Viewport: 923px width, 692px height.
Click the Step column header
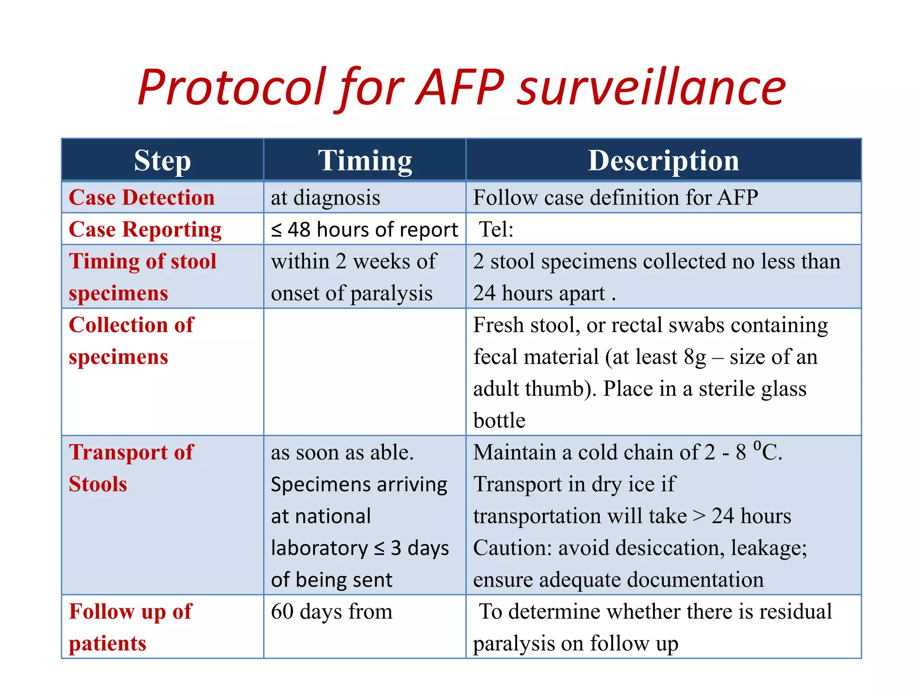tap(162, 161)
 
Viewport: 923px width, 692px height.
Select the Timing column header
tap(365, 161)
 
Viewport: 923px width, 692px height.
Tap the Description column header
tap(663, 161)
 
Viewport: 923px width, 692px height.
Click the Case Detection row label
tap(142, 198)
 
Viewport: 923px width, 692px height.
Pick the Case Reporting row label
tap(145, 230)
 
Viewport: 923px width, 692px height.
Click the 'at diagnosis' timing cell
tap(325, 198)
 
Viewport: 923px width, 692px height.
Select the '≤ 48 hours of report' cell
tap(364, 230)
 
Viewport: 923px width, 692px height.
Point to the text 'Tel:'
tap(496, 230)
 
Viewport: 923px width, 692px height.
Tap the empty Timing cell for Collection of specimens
tap(364, 372)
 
